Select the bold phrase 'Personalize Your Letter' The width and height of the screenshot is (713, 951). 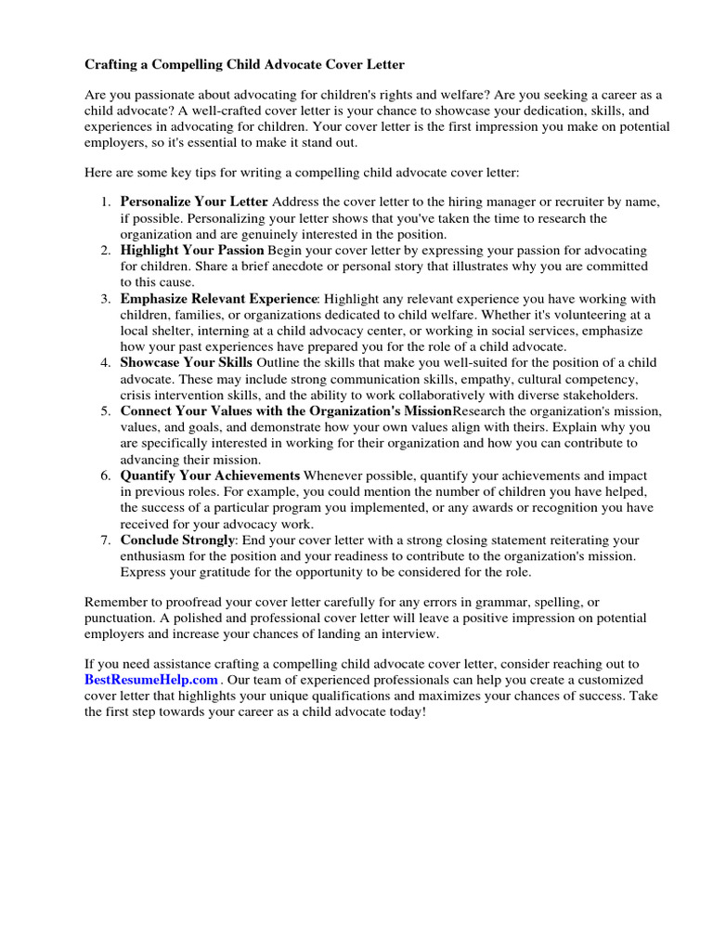pyautogui.click(x=194, y=202)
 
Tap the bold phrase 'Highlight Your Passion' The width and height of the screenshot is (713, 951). pyautogui.click(x=192, y=251)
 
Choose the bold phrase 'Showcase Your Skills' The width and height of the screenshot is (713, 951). pyautogui.click(x=186, y=363)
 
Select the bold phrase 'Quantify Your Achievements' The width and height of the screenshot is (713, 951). pyautogui.click(x=210, y=475)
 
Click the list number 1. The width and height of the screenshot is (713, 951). pyautogui.click(x=105, y=202)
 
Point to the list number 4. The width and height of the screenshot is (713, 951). pyautogui.click(x=105, y=363)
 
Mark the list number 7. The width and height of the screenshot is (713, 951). pyautogui.click(x=105, y=541)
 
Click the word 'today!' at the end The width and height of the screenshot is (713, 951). pyautogui.click(x=405, y=712)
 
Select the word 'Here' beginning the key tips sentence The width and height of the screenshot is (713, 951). pyautogui.click(x=97, y=174)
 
